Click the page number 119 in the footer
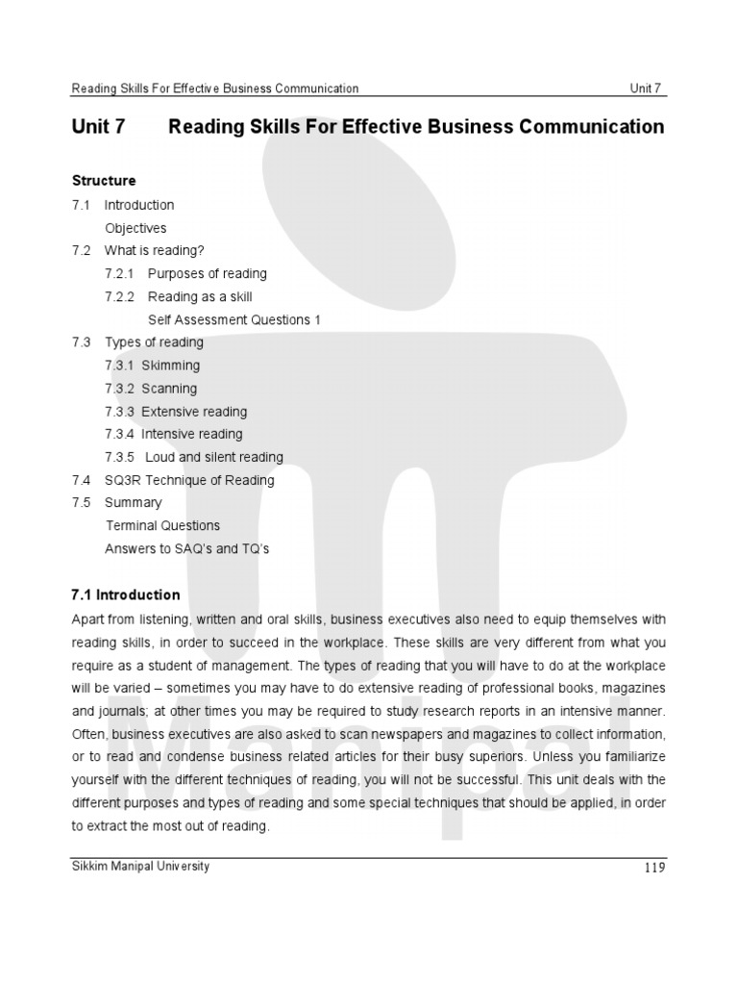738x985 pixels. [x=652, y=869]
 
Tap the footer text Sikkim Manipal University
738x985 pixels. [x=140, y=866]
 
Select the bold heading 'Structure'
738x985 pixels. [x=104, y=181]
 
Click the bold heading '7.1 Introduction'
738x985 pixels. [x=126, y=595]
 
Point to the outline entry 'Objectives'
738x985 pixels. [x=135, y=228]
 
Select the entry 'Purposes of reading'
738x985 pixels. [x=207, y=274]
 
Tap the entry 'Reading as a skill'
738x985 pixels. [x=200, y=297]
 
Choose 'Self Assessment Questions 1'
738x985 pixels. [x=234, y=319]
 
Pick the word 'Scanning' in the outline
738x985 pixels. [x=169, y=389]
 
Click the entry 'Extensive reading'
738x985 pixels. [x=194, y=412]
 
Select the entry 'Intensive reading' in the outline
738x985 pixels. [x=192, y=434]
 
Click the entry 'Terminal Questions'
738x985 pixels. [x=162, y=525]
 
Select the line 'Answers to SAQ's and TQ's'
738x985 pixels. [x=187, y=548]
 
